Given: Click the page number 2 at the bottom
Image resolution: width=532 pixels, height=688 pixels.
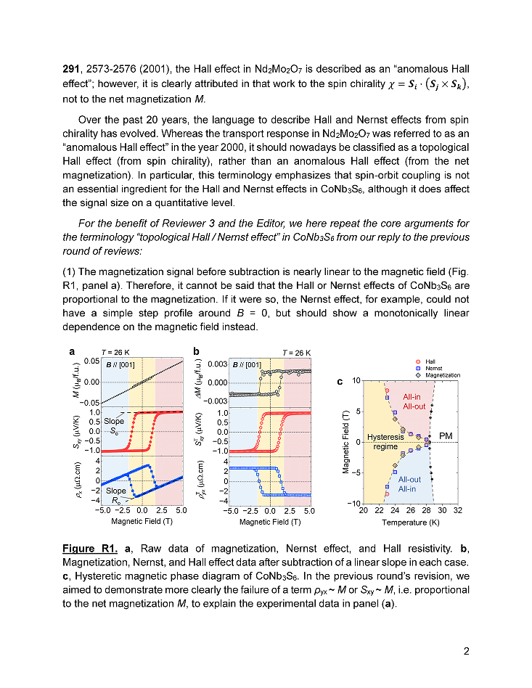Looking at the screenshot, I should (x=467, y=650).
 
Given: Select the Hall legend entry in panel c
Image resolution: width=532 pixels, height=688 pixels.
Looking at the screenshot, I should (x=430, y=361).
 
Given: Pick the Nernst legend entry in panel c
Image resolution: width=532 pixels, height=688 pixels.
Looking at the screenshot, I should (x=434, y=368).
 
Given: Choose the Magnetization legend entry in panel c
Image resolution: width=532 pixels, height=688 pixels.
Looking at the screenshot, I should (x=443, y=375).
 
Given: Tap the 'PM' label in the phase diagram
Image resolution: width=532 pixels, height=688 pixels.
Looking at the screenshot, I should (x=446, y=437).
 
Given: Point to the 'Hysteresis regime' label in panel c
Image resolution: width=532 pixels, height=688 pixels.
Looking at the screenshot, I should (x=385, y=442).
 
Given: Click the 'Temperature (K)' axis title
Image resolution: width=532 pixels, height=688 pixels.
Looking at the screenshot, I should (x=412, y=522).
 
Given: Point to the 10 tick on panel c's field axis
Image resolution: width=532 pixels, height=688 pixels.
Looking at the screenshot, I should (x=356, y=380).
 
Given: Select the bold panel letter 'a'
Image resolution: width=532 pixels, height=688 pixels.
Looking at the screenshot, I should (x=72, y=351).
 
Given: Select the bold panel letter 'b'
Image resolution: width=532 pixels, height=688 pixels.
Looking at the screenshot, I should (x=196, y=351).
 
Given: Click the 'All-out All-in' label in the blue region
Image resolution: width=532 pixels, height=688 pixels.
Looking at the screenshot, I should (x=409, y=484).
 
